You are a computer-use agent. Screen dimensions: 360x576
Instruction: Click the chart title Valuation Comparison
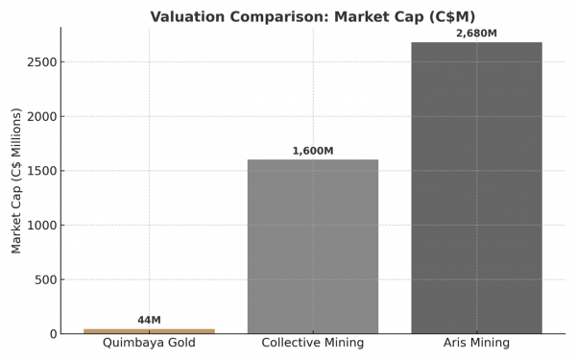[312, 16]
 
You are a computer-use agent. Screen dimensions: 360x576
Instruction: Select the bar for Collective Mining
[313, 247]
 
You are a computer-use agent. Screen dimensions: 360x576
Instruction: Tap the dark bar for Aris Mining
[476, 188]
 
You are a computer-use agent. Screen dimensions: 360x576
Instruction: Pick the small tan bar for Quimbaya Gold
[149, 331]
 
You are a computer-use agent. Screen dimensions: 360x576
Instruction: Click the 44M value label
[149, 320]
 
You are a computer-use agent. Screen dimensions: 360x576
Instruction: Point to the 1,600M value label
[313, 151]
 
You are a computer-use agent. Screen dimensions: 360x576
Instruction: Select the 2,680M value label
[476, 34]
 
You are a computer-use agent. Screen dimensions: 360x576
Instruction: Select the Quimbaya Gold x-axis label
[149, 344]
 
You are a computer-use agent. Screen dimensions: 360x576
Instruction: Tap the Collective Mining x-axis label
[313, 344]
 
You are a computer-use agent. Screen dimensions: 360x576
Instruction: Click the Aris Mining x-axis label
[476, 344]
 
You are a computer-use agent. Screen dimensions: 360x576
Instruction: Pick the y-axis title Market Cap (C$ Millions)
[16, 180]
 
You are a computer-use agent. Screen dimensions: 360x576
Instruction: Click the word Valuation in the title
[188, 16]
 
